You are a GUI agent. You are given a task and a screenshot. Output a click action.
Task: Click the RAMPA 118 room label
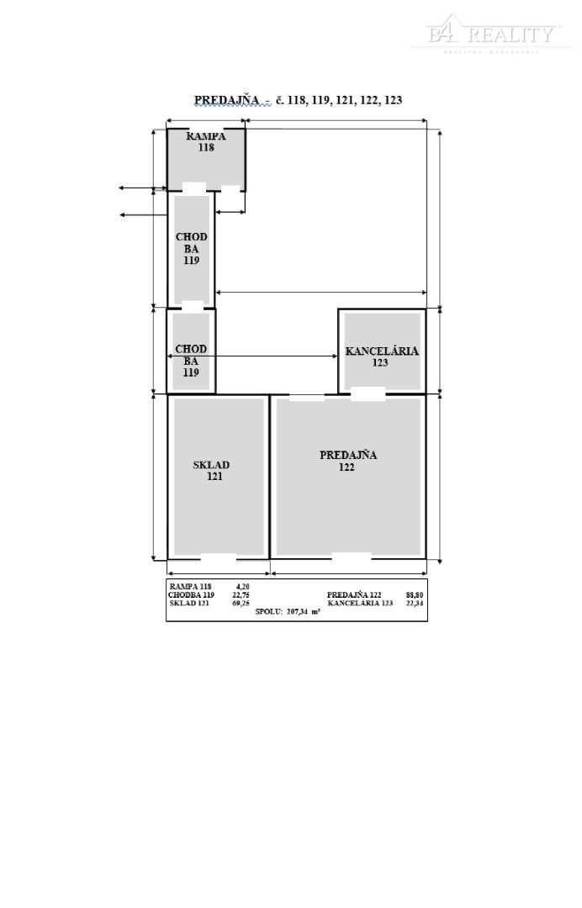coord(206,141)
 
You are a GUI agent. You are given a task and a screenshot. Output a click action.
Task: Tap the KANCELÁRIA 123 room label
coord(381,357)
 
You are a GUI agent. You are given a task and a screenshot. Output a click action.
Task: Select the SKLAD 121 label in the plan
coord(212,471)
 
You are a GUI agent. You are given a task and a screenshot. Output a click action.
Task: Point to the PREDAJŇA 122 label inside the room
coord(347,461)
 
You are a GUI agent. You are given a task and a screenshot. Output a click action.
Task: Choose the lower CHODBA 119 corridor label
coord(191,360)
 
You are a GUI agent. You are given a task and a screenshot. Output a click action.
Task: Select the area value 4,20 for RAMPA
coord(241,587)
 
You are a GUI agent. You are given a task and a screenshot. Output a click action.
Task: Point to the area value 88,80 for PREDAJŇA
coord(414,595)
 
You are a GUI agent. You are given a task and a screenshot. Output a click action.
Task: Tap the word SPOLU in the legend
coord(268,612)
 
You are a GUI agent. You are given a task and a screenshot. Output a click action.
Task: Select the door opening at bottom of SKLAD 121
coord(218,557)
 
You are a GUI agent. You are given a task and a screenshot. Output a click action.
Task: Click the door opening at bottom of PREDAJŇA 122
coord(351,556)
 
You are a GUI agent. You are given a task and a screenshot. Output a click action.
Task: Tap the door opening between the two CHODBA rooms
coord(193,307)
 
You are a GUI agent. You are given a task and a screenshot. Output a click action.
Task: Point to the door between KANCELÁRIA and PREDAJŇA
coord(368,393)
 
